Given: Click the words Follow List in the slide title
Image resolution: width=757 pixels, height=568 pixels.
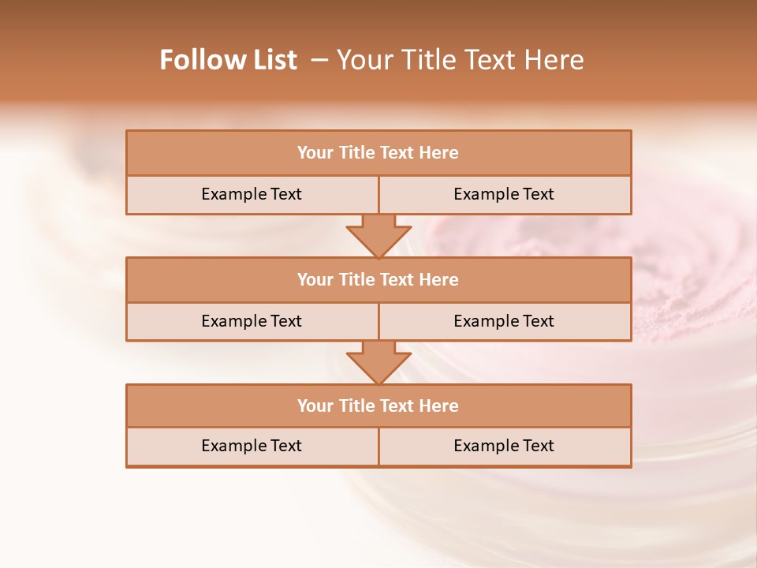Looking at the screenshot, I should [x=228, y=60].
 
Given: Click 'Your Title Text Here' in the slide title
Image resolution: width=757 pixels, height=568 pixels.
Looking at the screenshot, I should [x=461, y=60].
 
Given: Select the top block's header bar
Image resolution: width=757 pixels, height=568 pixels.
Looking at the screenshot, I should [x=378, y=153].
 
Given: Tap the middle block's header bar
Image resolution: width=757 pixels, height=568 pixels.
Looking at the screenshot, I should [x=378, y=279].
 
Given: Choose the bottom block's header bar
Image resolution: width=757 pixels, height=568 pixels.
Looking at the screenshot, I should [x=378, y=405].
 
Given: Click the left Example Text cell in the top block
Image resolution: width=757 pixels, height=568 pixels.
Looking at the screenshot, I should [x=252, y=194].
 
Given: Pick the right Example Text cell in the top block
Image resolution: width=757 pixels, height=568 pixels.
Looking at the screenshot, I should [x=504, y=194].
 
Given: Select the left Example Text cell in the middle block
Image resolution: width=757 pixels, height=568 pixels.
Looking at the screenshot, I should [x=252, y=321].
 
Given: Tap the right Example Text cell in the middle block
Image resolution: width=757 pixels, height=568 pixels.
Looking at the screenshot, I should [x=504, y=321].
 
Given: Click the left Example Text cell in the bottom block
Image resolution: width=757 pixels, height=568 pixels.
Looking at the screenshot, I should [x=252, y=446].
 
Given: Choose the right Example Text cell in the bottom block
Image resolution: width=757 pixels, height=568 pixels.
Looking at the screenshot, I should [x=504, y=446].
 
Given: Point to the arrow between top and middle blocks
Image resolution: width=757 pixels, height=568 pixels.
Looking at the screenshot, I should [x=378, y=236].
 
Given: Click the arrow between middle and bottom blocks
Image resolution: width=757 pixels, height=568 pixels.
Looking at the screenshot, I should [x=378, y=362].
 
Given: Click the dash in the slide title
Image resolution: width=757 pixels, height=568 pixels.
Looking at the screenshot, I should [x=319, y=60].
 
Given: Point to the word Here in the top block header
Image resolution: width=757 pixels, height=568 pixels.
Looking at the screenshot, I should [x=439, y=153].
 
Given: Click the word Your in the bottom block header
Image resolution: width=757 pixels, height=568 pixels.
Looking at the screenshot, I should [x=315, y=405].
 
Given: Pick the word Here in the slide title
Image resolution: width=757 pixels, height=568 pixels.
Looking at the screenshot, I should [x=556, y=60].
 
